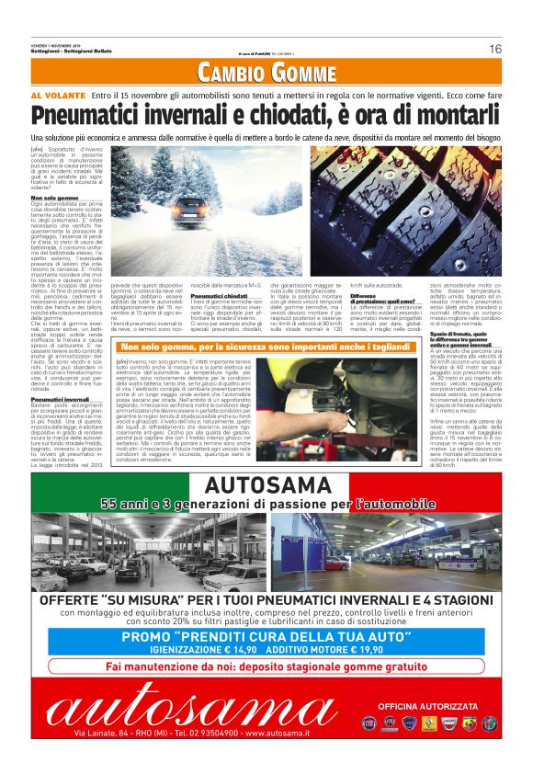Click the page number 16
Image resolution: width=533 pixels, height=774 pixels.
pyautogui.click(x=494, y=49)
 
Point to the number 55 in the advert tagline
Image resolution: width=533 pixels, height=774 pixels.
pyautogui.click(x=110, y=504)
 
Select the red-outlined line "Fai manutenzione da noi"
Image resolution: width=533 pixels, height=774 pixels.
pyautogui.click(x=267, y=667)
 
